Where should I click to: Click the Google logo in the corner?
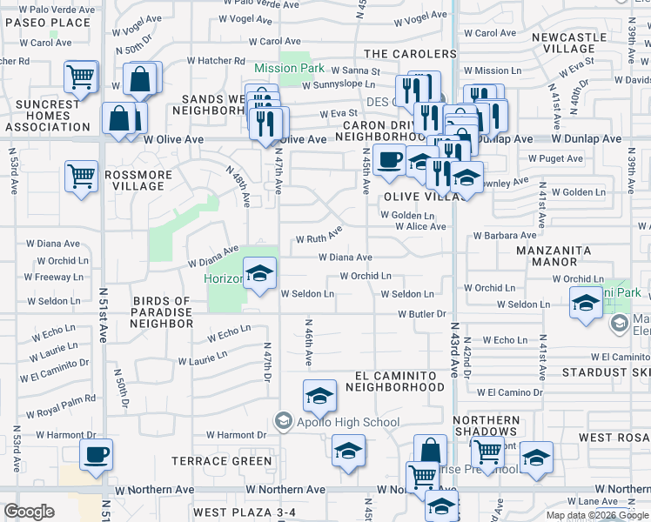click(29, 512)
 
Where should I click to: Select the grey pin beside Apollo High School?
click(283, 422)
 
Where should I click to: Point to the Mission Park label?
click(289, 68)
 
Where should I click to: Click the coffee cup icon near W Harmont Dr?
click(96, 453)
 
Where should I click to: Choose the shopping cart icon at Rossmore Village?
click(81, 175)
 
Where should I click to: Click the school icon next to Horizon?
click(259, 273)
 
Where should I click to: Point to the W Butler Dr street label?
click(422, 313)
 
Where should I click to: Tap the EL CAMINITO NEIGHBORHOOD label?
click(399, 380)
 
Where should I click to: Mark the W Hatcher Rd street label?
click(215, 61)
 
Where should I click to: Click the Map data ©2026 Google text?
click(597, 515)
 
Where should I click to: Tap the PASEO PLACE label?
click(45, 23)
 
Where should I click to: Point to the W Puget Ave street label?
click(555, 159)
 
